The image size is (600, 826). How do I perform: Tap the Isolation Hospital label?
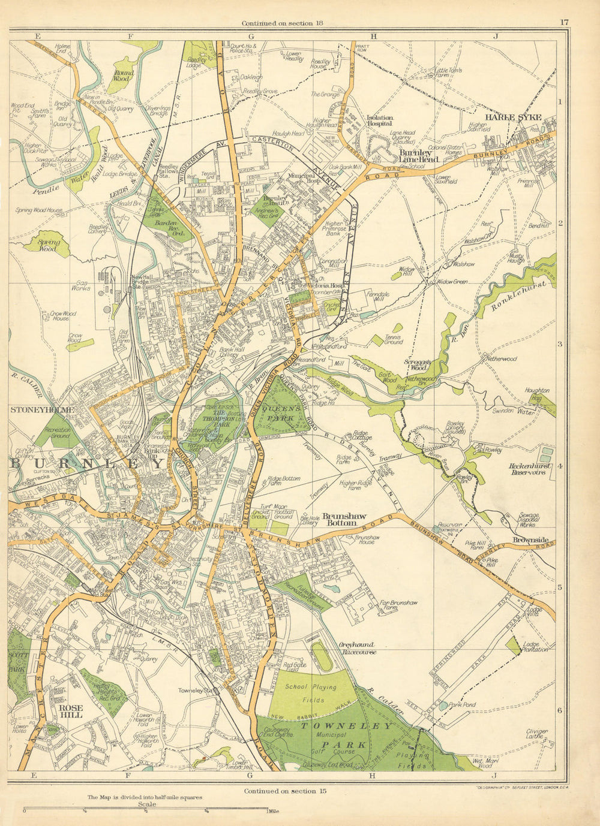(x=379, y=121)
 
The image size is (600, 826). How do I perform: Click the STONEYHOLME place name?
(x=41, y=410)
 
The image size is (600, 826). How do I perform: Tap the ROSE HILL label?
(x=70, y=711)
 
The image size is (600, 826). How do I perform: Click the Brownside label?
(x=530, y=539)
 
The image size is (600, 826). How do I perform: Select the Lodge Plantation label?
(x=535, y=646)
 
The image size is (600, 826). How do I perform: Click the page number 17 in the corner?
(x=563, y=22)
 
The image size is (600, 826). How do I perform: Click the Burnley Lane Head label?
(x=419, y=156)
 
